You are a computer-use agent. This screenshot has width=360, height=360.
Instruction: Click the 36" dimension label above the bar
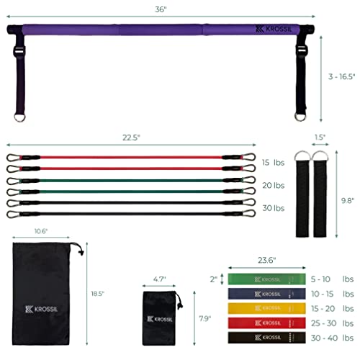(161, 9)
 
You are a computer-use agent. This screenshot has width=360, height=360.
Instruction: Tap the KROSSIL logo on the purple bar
(274, 29)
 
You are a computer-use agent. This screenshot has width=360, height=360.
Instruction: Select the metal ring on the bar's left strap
(19, 117)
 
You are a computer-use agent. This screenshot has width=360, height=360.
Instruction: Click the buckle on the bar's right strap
(301, 50)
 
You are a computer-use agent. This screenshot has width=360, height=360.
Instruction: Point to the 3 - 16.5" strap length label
(341, 76)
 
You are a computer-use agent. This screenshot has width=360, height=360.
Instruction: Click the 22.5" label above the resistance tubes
(131, 138)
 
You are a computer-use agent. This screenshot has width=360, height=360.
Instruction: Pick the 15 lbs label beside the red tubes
(273, 163)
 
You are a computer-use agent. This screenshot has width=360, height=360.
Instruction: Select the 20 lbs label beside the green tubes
(274, 185)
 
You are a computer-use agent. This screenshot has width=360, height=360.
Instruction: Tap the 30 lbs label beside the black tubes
(274, 208)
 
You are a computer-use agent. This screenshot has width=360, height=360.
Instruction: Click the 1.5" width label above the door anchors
(320, 138)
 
